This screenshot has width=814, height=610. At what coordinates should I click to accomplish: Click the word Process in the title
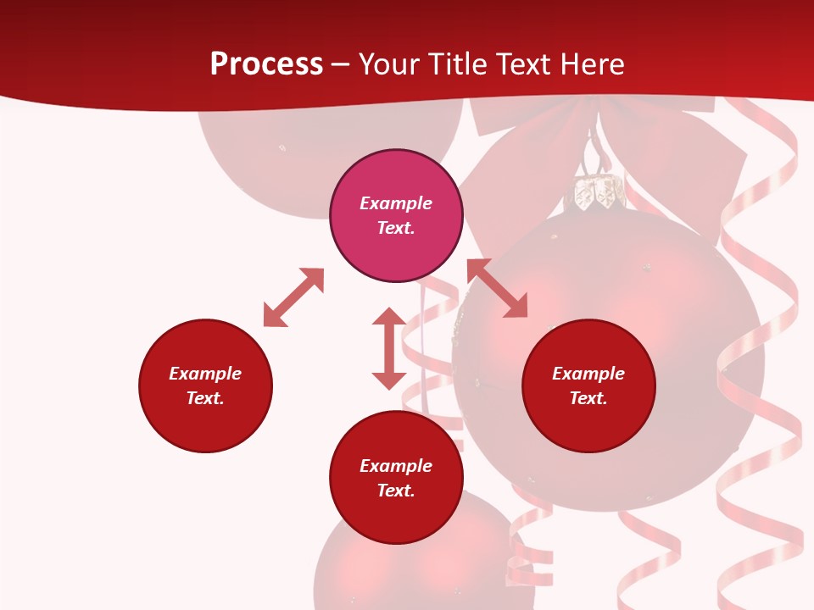[266, 64]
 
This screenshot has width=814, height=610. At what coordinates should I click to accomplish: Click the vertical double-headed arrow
[389, 348]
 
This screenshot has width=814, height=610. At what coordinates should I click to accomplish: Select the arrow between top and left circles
[293, 297]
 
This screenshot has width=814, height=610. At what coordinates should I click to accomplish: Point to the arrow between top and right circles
[498, 288]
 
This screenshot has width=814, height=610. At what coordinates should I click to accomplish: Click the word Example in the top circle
[396, 203]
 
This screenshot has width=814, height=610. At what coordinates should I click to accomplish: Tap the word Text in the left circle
[205, 398]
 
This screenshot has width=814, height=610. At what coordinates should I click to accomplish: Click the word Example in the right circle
[588, 374]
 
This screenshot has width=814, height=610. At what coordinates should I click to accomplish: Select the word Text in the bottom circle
[396, 491]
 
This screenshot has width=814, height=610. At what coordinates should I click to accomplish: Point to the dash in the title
[341, 64]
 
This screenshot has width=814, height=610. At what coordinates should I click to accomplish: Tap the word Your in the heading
[388, 64]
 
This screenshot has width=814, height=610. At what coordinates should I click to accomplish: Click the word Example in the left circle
[205, 374]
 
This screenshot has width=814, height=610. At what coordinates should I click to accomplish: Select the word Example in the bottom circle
[396, 466]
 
